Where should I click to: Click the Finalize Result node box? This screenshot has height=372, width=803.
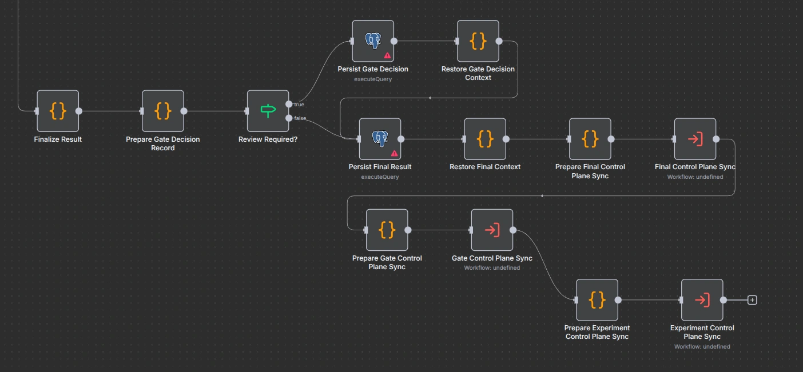pyautogui.click(x=58, y=111)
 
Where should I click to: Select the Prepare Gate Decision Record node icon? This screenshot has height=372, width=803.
pyautogui.click(x=163, y=111)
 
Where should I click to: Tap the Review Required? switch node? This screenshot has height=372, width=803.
pyautogui.click(x=268, y=111)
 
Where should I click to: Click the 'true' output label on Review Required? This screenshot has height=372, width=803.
pyautogui.click(x=299, y=105)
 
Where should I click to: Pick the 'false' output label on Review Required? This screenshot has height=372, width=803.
pyautogui.click(x=300, y=118)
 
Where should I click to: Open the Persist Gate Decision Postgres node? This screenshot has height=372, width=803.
pyautogui.click(x=373, y=41)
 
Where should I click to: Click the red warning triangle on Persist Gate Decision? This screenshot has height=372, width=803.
pyautogui.click(x=387, y=55)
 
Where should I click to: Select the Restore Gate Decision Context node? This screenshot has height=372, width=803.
pyautogui.click(x=478, y=41)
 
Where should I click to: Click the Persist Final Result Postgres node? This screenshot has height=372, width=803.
pyautogui.click(x=380, y=139)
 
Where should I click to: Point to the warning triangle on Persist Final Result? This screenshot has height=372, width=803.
pyautogui.click(x=394, y=153)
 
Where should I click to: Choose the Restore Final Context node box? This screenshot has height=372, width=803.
pyautogui.click(x=485, y=139)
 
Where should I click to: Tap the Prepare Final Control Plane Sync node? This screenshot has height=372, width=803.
pyautogui.click(x=590, y=139)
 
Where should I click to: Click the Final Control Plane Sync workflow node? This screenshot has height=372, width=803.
pyautogui.click(x=695, y=139)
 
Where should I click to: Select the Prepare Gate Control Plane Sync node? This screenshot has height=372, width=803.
pyautogui.click(x=387, y=230)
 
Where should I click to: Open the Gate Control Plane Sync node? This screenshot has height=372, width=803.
pyautogui.click(x=492, y=230)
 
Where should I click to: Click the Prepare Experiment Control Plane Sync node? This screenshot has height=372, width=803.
pyautogui.click(x=597, y=300)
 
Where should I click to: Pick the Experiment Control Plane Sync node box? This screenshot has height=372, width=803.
pyautogui.click(x=702, y=300)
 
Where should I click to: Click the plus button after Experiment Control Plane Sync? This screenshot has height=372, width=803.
pyautogui.click(x=753, y=300)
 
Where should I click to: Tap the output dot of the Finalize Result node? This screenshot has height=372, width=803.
pyautogui.click(x=79, y=111)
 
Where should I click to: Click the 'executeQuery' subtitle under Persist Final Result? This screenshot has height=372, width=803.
pyautogui.click(x=380, y=177)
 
